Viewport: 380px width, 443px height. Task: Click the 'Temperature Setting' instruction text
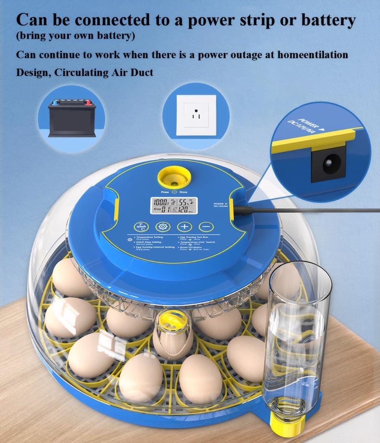tap(150, 237)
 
